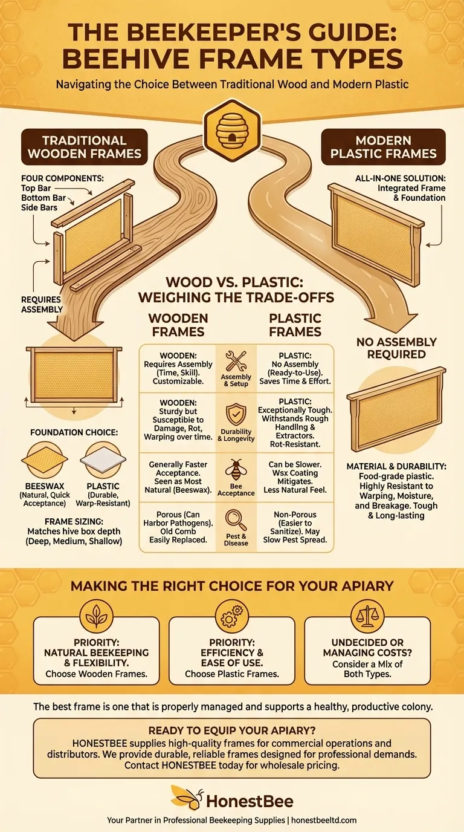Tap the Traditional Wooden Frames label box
84,147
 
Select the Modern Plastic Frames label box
383,147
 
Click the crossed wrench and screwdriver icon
236,361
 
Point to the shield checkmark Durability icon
236,414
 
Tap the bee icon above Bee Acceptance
236,469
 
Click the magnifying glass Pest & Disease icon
236,520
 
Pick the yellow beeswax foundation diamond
45,460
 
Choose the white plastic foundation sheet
103,460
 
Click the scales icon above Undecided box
367,616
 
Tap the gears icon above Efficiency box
232,616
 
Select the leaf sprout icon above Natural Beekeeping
97,616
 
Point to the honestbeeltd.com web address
324,820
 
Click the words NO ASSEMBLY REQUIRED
396,348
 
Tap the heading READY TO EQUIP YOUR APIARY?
232,730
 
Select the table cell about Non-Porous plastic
295,527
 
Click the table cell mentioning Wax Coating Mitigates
295,477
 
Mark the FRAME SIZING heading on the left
74,521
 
